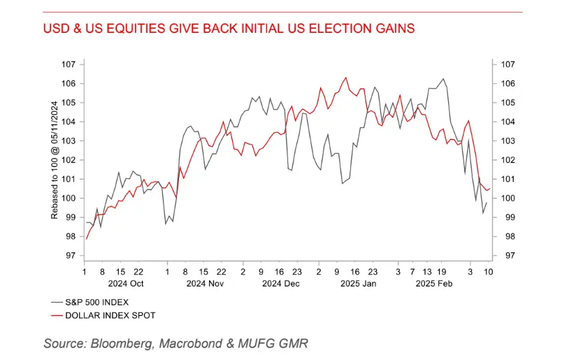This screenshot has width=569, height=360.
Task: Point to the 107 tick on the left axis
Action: click(68, 64)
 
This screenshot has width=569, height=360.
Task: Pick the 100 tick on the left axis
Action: click(68, 198)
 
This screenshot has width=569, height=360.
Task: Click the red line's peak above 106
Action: click(346, 78)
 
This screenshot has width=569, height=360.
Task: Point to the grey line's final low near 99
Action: click(482, 213)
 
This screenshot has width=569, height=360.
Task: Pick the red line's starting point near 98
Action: click(85, 239)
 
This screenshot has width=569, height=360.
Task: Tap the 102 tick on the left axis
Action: click(68, 160)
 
